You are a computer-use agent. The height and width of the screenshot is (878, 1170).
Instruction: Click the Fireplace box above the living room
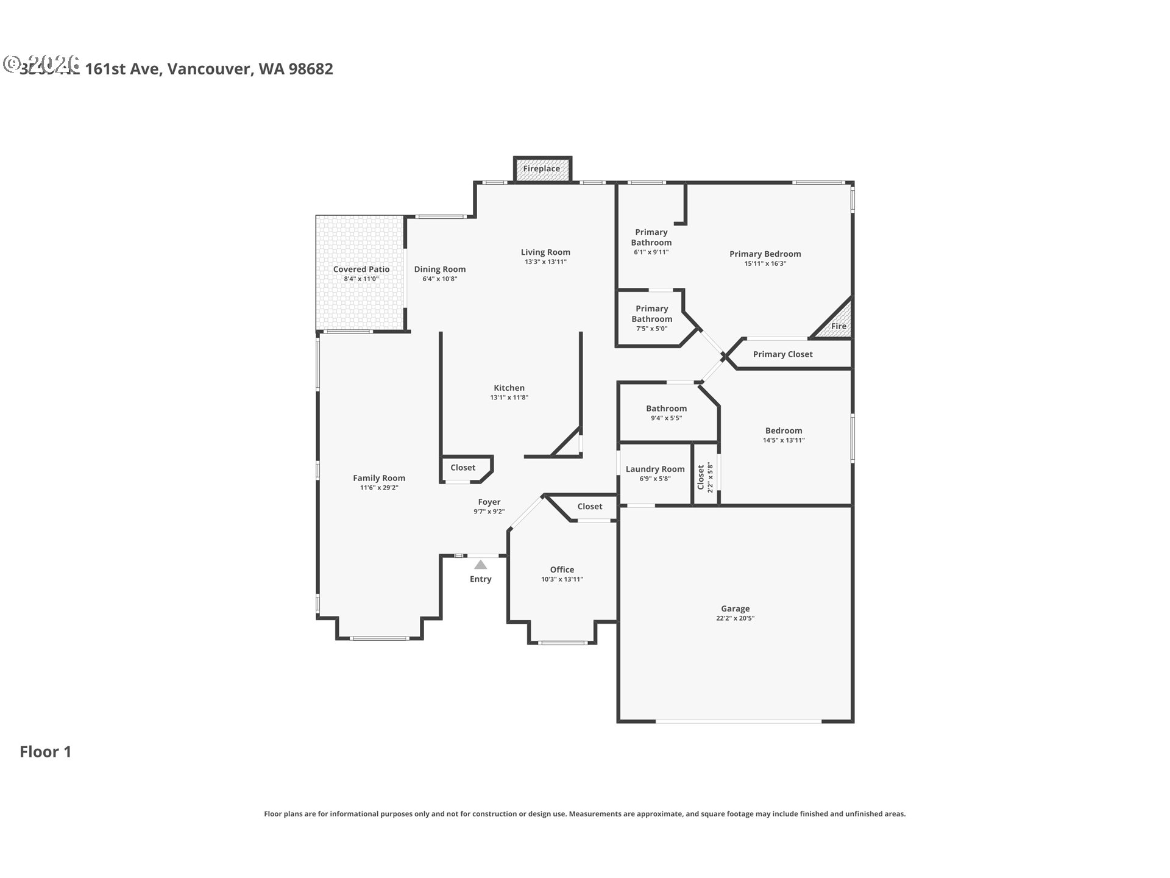click(542, 169)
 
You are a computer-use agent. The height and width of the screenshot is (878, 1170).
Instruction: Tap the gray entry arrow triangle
click(481, 565)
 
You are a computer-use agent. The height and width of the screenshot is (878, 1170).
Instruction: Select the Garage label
click(735, 609)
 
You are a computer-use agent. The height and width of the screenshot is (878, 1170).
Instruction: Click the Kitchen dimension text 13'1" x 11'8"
click(509, 398)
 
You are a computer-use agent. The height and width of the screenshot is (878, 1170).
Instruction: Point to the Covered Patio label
click(361, 269)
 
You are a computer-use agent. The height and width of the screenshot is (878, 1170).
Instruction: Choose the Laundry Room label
click(655, 469)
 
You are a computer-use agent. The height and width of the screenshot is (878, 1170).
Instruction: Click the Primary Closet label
click(782, 354)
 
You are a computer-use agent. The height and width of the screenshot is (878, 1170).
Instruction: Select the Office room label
click(562, 569)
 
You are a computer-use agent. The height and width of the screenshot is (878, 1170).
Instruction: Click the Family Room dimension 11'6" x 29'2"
click(379, 488)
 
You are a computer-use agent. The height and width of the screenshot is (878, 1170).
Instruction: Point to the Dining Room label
click(439, 269)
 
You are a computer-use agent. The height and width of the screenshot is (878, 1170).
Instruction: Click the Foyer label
click(489, 502)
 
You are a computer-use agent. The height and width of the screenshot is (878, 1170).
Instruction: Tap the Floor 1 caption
click(46, 752)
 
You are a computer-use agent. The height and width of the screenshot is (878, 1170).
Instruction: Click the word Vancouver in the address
click(210, 69)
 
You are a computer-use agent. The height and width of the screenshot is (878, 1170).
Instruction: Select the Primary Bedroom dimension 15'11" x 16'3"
click(765, 264)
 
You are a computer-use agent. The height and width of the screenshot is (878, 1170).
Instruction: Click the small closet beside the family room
click(463, 468)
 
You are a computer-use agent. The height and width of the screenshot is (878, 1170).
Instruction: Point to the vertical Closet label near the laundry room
click(701, 476)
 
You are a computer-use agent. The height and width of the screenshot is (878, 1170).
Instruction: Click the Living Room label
click(545, 252)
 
